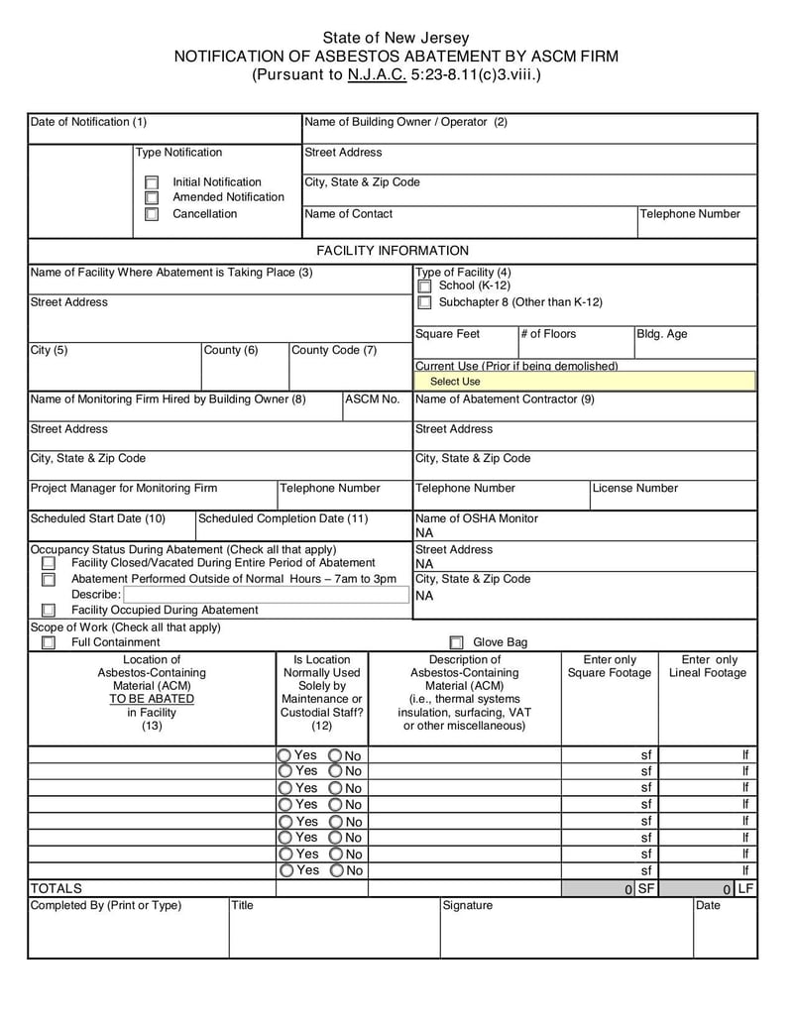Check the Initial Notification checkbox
click(x=152, y=182)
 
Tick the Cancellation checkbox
click(x=152, y=214)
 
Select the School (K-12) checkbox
click(x=424, y=286)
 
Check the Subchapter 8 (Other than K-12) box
click(x=424, y=303)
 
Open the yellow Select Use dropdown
click(x=585, y=382)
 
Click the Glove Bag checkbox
click(x=457, y=642)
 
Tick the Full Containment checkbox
click(x=49, y=642)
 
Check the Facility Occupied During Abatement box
click(x=49, y=611)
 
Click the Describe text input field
click(x=264, y=595)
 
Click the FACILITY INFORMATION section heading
click(x=393, y=251)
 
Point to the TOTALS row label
click(x=57, y=888)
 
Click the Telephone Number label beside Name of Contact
click(x=690, y=214)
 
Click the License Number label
click(x=635, y=489)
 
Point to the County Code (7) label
click(x=334, y=350)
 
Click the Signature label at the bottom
click(x=467, y=905)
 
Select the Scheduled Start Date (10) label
click(x=98, y=518)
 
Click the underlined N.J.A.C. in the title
click(x=377, y=74)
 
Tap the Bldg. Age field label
click(x=661, y=334)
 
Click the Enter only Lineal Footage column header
click(x=708, y=667)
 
